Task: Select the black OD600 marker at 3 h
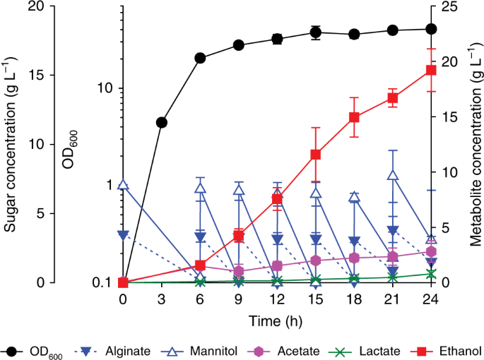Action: pos(162,122)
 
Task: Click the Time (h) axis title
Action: pos(277,320)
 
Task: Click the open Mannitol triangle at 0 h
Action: pos(124,186)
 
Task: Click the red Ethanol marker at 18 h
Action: pos(355,117)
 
